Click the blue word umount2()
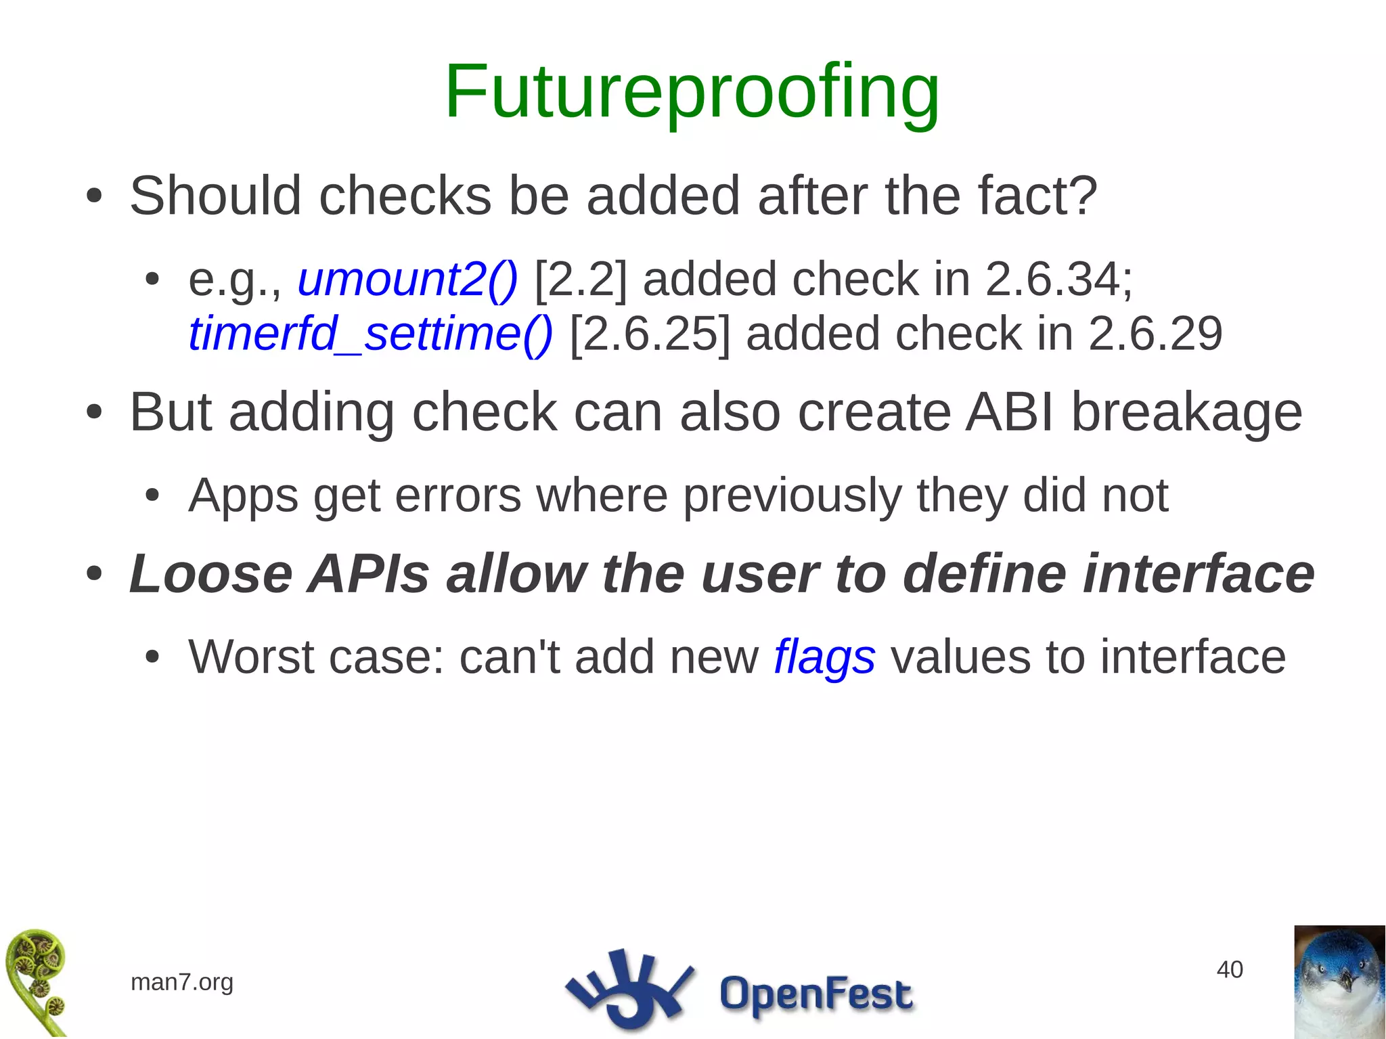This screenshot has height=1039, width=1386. point(407,279)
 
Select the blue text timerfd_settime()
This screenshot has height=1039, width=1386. point(370,334)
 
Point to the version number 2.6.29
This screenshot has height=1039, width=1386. point(1155,334)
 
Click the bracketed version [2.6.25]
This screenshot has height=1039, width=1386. point(650,334)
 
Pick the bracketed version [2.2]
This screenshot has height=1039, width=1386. point(581,279)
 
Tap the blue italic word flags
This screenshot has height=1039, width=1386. point(824,658)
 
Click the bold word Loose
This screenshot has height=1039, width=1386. point(210,574)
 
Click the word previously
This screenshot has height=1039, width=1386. point(792,496)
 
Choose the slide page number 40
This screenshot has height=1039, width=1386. point(1229,969)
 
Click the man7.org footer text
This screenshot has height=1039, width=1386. point(182,981)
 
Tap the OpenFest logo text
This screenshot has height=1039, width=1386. point(815,994)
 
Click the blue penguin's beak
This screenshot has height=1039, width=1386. point(1346,981)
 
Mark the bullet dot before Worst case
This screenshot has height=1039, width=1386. point(152,657)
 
